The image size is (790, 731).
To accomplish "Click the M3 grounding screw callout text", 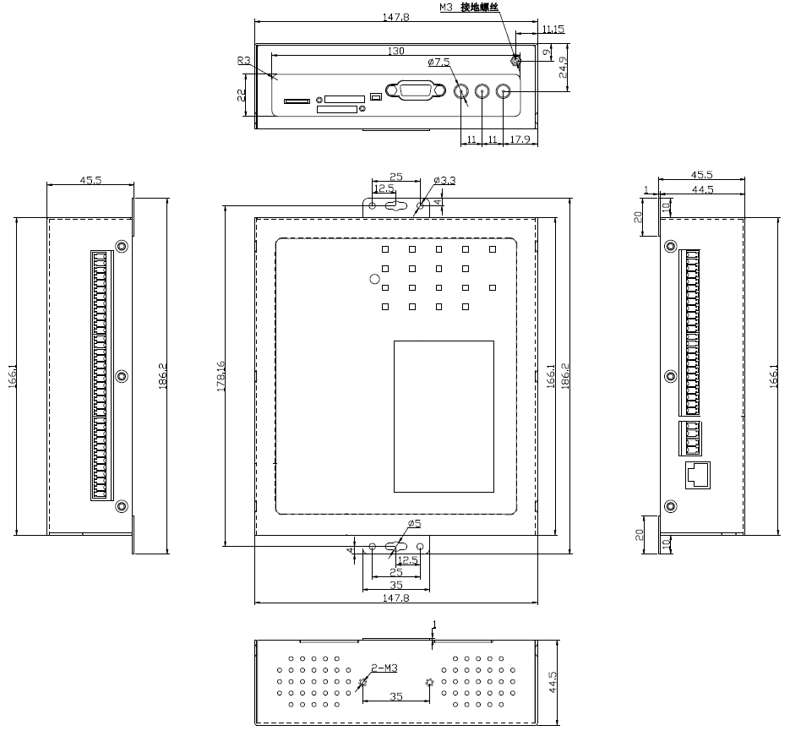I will [x=470, y=7].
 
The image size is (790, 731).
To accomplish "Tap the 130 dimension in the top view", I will [x=395, y=52].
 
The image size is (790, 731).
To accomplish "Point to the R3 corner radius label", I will [x=244, y=60].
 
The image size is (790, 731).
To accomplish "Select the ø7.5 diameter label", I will [x=439, y=63].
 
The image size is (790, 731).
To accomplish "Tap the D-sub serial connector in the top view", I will [x=413, y=90].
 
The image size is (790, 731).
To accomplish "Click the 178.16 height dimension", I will [x=221, y=375].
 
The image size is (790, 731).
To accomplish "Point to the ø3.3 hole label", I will [x=444, y=180].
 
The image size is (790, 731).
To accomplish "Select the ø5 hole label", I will [x=414, y=524].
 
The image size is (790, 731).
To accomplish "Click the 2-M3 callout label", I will [x=384, y=668].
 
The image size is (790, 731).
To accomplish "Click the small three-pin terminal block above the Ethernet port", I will [x=692, y=437].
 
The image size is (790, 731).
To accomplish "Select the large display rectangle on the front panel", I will [x=444, y=417].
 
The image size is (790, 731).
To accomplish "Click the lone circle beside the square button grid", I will [x=374, y=278].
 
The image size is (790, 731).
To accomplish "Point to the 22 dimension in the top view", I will [x=241, y=95].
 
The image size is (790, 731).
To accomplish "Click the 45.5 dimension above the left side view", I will [x=90, y=180].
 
